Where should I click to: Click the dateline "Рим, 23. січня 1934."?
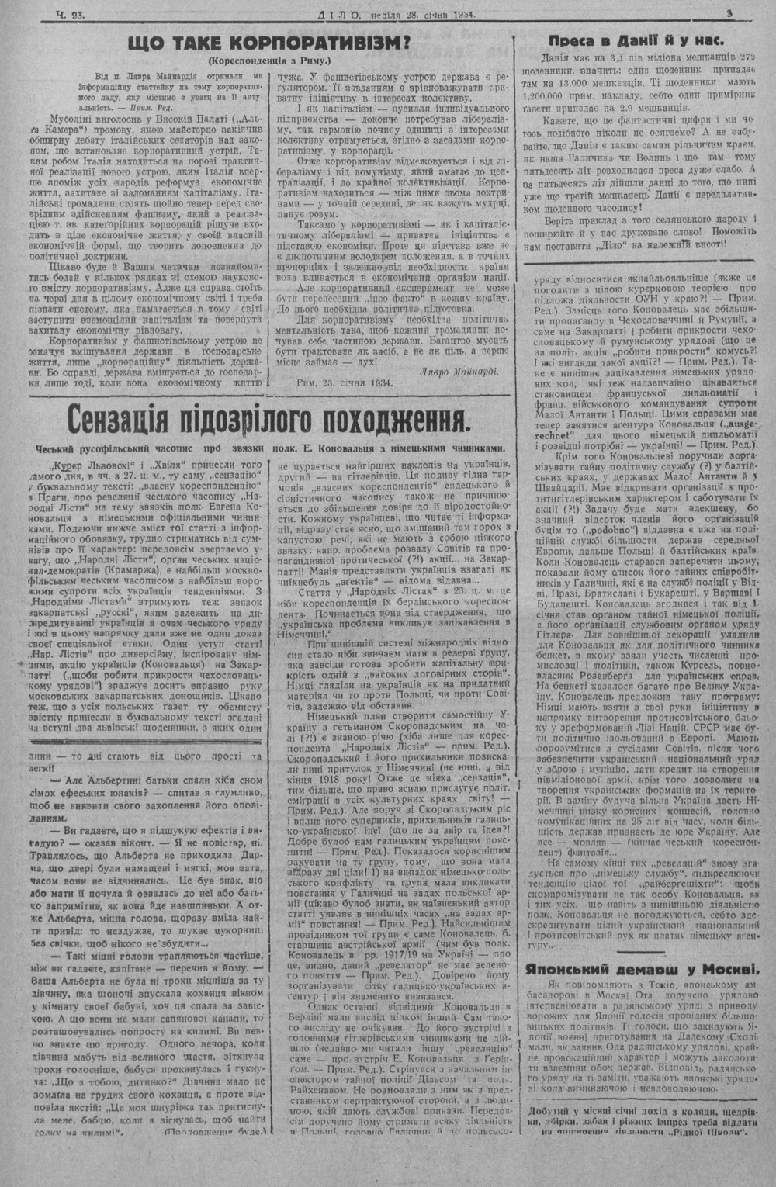pos(345,382)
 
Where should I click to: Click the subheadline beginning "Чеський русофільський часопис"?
pos(268,448)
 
